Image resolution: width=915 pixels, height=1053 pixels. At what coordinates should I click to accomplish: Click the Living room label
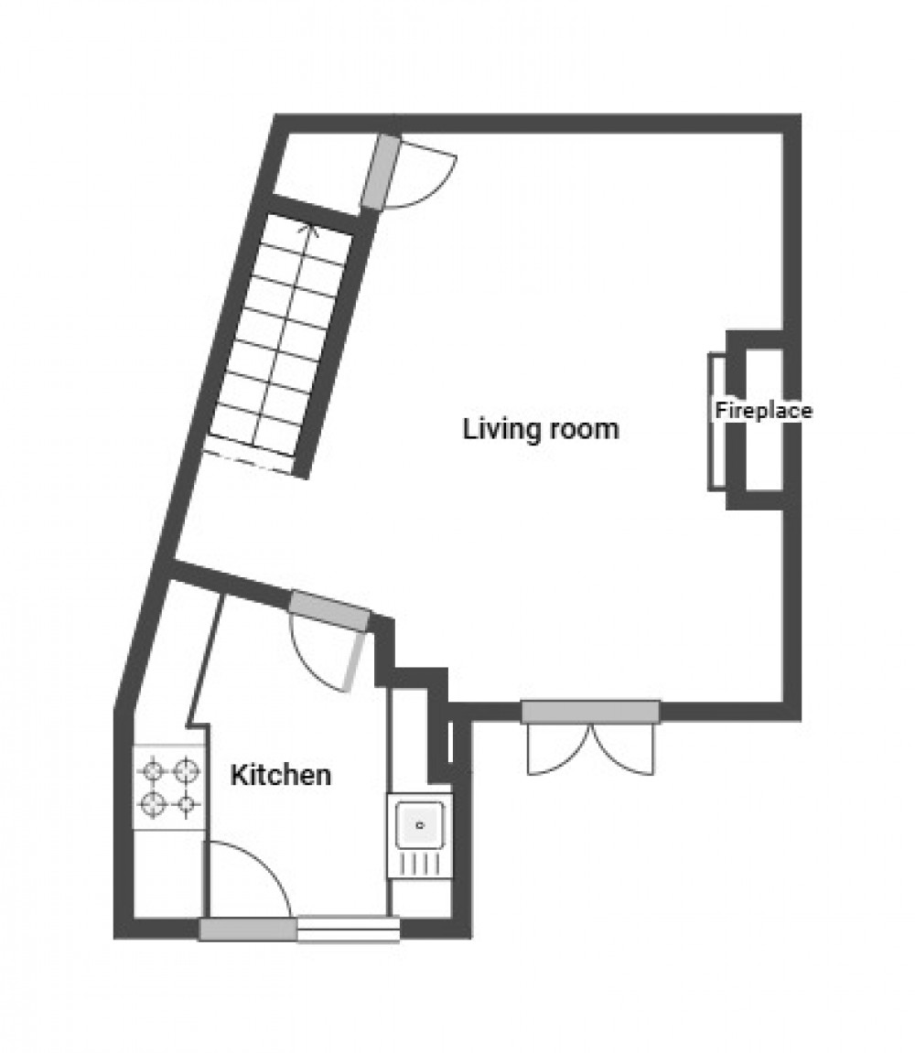click(x=540, y=428)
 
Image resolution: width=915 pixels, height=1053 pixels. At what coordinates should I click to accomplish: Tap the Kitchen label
click(x=280, y=776)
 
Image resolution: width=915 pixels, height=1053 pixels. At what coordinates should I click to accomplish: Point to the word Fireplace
click(x=763, y=411)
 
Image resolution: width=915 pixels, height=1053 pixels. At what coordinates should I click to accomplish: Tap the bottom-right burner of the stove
click(x=187, y=805)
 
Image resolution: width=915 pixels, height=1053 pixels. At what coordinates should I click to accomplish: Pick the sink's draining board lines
click(x=419, y=863)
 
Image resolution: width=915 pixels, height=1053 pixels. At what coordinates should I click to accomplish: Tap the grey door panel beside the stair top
click(x=381, y=173)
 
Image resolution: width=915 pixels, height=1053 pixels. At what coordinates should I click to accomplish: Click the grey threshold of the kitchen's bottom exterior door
click(x=247, y=929)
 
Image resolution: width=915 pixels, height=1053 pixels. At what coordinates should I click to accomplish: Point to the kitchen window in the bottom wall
click(x=348, y=929)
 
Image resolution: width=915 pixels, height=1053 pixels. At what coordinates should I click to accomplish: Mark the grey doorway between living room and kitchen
click(x=329, y=611)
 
